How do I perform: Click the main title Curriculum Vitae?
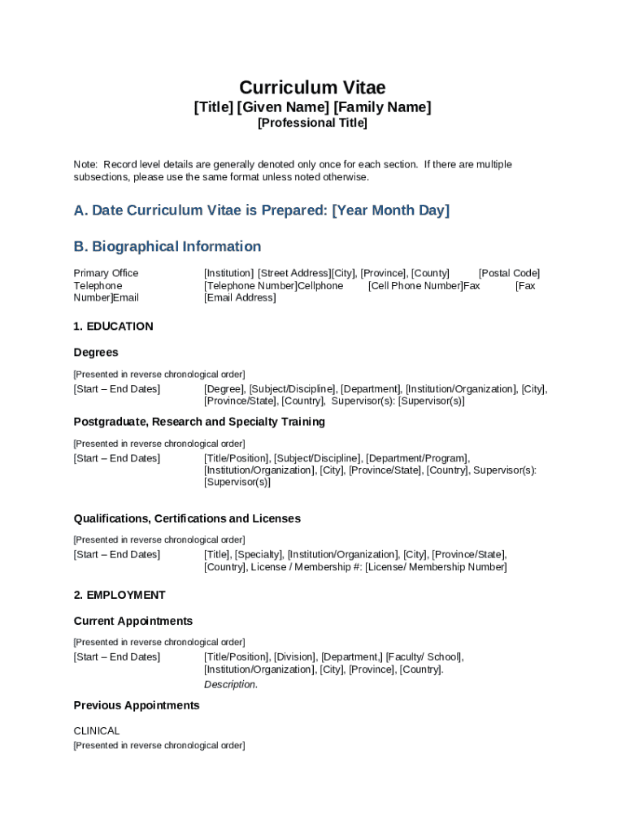click(312, 88)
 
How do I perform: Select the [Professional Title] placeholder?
click(312, 123)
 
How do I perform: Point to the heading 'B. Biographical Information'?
click(167, 246)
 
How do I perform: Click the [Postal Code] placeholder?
click(509, 273)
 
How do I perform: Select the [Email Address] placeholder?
click(240, 298)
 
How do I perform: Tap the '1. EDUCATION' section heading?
click(113, 327)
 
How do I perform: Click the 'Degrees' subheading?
click(96, 353)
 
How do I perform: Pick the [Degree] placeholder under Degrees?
click(224, 389)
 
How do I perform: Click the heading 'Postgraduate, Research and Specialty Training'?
click(199, 422)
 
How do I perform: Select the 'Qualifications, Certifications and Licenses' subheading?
click(187, 518)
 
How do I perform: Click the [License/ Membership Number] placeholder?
click(436, 567)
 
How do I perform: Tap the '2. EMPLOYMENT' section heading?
click(120, 596)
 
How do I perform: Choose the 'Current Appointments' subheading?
click(133, 622)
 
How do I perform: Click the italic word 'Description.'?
click(231, 685)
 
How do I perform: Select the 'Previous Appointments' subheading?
click(137, 706)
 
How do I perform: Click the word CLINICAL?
click(97, 731)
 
